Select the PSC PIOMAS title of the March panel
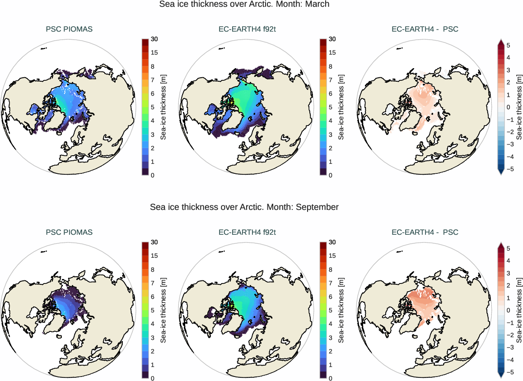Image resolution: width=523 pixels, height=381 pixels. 69,29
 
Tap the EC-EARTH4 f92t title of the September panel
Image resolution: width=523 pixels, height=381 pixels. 247,232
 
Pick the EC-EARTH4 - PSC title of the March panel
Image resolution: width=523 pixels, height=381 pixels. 425,29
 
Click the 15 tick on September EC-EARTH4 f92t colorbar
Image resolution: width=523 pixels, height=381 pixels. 332,256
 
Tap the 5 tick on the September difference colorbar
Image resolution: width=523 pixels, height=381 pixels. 508,248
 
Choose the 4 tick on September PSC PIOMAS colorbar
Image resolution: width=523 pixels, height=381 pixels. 153,324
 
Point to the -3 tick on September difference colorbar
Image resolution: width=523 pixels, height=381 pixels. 508,348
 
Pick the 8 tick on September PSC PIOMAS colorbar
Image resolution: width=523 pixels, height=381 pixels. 153,269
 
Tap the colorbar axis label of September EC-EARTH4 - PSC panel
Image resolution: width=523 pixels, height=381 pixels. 519,311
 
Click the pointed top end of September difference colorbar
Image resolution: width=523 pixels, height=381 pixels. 500,245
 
